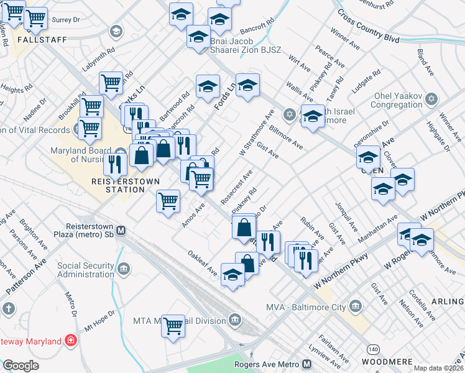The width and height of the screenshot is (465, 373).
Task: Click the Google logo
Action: [21, 366]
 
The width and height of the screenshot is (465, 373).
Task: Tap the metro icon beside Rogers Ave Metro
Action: [308, 364]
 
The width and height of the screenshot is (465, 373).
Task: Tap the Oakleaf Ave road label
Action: [203, 263]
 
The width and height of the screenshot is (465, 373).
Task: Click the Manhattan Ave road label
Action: [384, 232]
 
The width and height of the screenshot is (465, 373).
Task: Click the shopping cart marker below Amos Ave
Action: [168, 201]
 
